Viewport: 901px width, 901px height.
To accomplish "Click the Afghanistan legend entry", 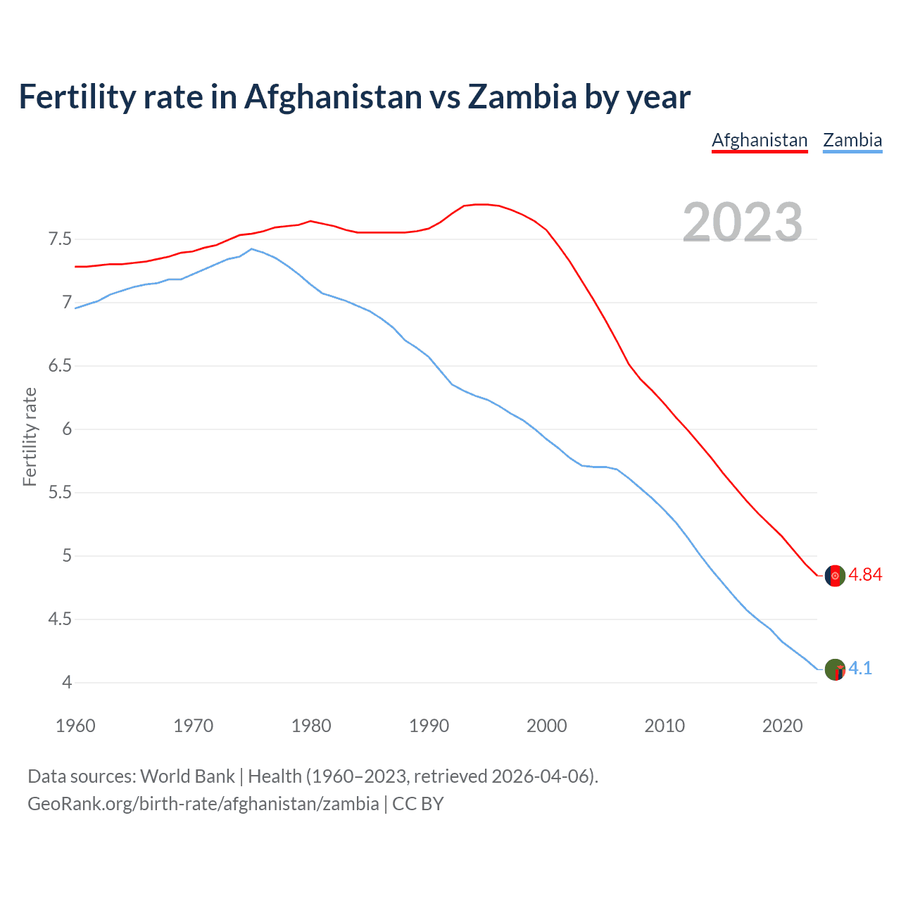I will point(760,140).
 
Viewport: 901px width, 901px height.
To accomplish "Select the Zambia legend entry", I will point(852,140).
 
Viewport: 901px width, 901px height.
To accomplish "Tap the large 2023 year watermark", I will point(743,222).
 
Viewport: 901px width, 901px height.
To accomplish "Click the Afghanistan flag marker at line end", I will point(835,575).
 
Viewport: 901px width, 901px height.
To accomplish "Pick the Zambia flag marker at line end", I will point(835,669).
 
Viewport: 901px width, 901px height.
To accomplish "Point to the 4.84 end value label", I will point(865,575).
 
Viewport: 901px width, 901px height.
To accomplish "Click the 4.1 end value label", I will point(860,669).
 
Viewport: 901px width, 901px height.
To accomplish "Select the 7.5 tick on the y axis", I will point(60,239).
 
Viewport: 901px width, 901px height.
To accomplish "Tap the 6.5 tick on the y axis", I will point(60,366).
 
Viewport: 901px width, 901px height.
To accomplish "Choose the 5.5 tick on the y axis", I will point(60,493).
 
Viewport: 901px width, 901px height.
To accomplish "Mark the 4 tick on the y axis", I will point(67,682).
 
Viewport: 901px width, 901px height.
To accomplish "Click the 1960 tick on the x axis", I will point(75,726).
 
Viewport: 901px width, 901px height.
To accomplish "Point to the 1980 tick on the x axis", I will point(311,726).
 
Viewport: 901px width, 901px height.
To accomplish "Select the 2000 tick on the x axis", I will point(547,726).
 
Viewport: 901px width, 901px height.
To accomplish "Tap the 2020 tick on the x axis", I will point(782,726).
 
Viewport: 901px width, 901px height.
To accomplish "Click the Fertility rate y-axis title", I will point(30,436).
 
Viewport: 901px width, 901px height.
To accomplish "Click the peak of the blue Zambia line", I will point(252,249).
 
